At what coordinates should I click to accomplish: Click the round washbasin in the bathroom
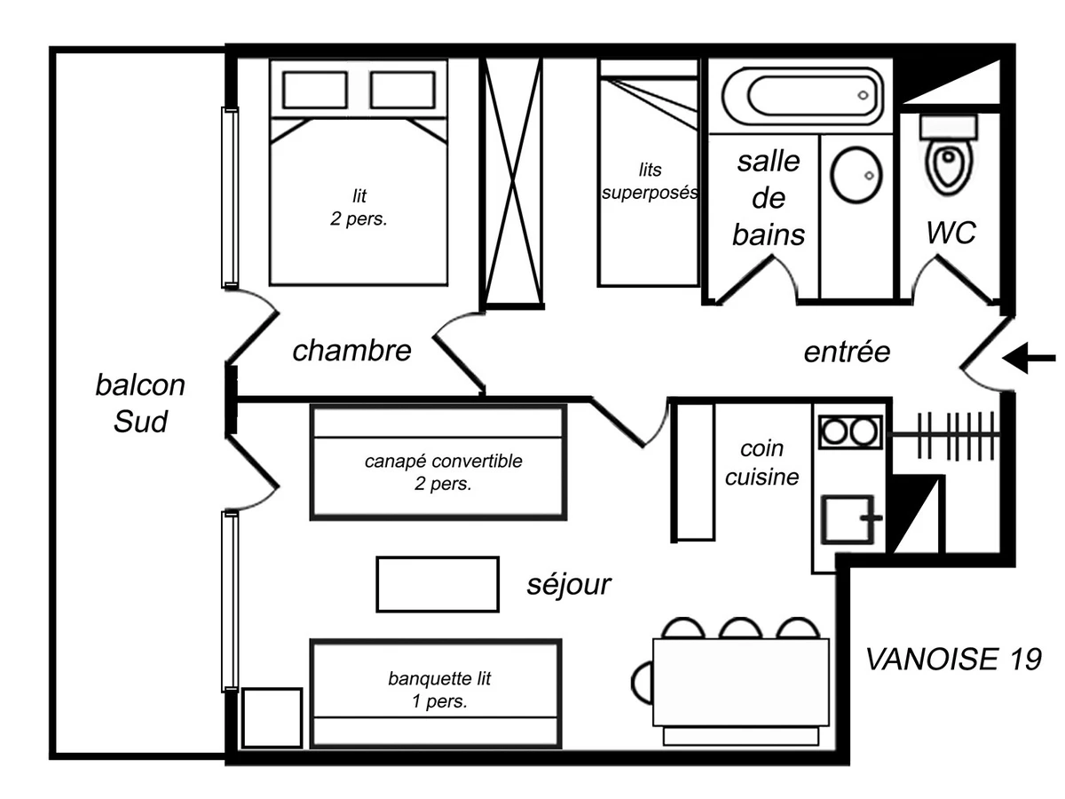856,173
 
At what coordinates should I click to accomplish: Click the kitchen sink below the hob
849,518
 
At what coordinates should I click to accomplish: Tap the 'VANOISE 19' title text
952,659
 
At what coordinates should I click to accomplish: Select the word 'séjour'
568,584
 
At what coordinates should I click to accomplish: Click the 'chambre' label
352,350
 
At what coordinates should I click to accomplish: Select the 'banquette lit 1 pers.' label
439,690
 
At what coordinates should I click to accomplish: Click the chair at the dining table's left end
643,681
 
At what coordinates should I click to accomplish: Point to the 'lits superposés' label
649,180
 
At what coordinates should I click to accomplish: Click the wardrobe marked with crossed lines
512,182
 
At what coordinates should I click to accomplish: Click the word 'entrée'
846,352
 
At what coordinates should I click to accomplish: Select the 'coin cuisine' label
761,463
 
